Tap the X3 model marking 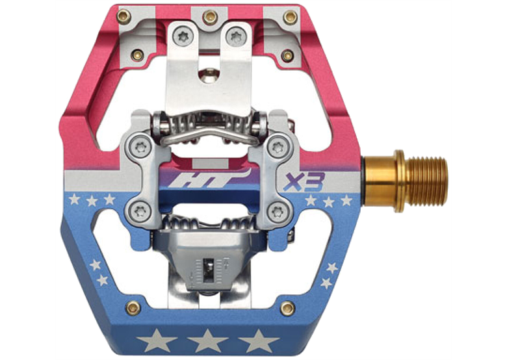point(304,182)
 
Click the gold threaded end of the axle point(426,182)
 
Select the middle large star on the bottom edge point(207,341)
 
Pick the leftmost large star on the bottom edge point(157,341)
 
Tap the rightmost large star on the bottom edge point(259,341)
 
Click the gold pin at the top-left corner point(124,17)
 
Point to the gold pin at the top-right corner point(291,17)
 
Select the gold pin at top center point(210,17)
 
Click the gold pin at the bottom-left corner point(133,308)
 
